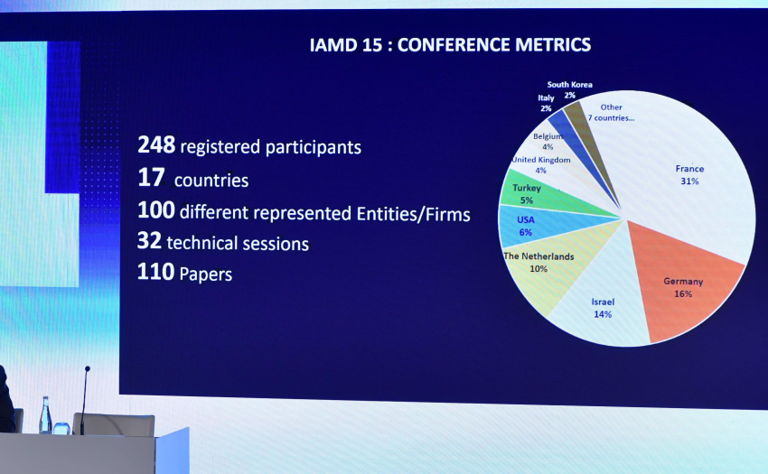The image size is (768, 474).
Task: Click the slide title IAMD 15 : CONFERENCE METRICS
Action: [x=450, y=44]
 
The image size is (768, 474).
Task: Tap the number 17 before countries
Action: [x=149, y=179]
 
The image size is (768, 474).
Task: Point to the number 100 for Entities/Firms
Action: [x=155, y=211]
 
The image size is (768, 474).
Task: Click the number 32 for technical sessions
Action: [x=149, y=242]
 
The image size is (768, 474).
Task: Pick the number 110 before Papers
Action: [x=155, y=272]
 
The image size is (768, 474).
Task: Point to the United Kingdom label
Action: [x=541, y=161]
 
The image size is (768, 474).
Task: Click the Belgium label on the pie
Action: [x=548, y=136]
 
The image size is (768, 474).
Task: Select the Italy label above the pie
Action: [x=546, y=98]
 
